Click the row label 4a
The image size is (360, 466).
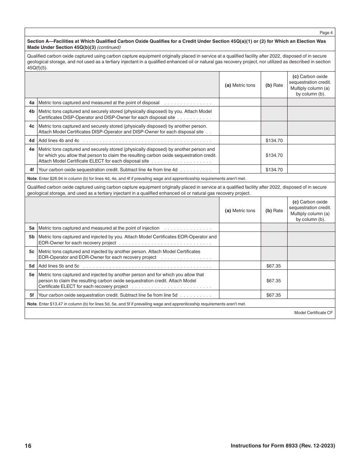coord(32,103)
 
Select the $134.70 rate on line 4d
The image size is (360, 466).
coord(274,141)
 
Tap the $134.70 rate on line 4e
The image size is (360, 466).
coord(274,155)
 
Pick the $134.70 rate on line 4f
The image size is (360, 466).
coord(274,170)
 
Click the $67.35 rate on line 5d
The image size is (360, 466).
coord(274,266)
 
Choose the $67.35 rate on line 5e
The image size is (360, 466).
coord(274,281)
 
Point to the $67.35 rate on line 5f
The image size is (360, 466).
coord(274,295)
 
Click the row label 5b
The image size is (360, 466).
coord(32,237)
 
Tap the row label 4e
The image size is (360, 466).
coord(32,149)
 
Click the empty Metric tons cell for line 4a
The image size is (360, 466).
coord(240,103)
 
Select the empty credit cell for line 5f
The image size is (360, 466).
coord(311,295)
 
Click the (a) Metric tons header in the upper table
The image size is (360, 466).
coord(240,85)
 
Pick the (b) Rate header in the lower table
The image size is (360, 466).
coord(274,211)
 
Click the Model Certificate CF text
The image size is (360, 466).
coord(313,313)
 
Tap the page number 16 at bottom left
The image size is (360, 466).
coord(28,446)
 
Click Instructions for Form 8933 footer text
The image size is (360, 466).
coord(283,446)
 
